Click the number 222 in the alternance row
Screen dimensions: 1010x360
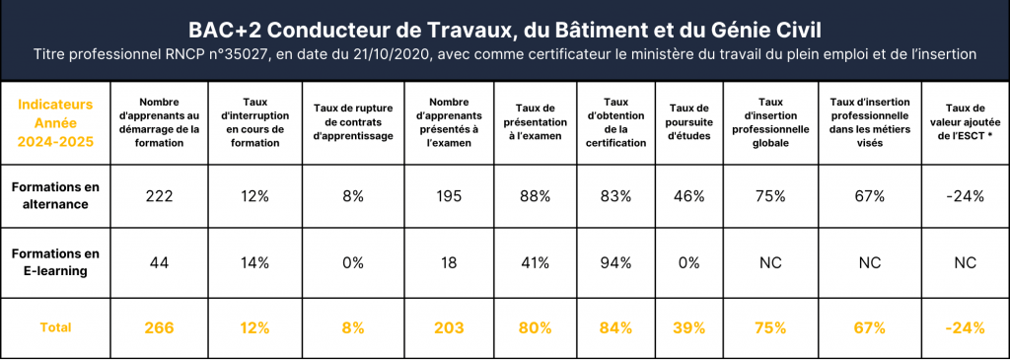click(x=159, y=196)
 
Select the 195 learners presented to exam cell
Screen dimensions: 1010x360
click(x=449, y=196)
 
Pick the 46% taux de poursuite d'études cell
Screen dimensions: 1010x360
click(x=688, y=196)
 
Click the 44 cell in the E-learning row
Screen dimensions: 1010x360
click(x=159, y=262)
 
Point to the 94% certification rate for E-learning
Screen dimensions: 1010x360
click(x=615, y=262)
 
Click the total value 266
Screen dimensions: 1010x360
click(x=159, y=327)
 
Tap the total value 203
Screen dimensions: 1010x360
click(x=449, y=327)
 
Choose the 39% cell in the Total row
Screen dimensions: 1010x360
click(x=688, y=327)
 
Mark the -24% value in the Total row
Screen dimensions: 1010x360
click(x=965, y=327)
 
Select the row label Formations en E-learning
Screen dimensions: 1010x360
click(x=49, y=262)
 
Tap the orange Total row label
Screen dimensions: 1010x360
click(x=55, y=327)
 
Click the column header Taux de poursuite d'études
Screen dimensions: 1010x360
click(x=689, y=122)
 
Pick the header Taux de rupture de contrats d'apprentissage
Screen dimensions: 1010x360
click(x=352, y=122)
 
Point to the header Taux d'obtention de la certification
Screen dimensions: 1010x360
click(x=615, y=122)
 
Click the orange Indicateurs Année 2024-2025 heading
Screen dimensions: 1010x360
click(x=55, y=122)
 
